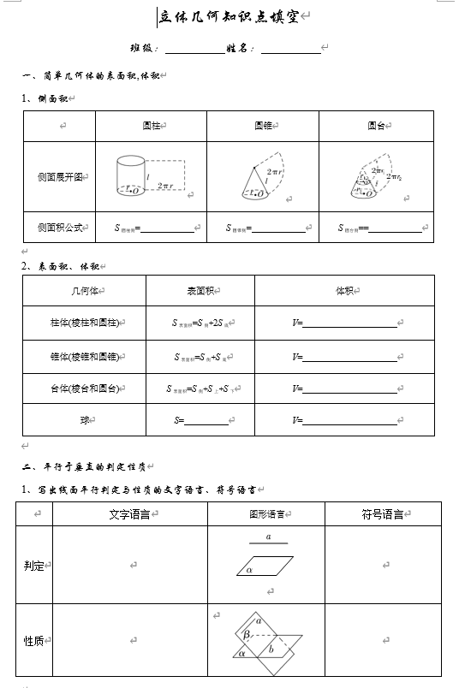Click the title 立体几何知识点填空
coord(230,16)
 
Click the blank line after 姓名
coord(290,50)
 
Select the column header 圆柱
coord(151,126)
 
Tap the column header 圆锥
coord(262,126)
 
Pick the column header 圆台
coord(375,126)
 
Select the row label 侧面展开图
coord(59,177)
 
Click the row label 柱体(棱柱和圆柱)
coord(83,323)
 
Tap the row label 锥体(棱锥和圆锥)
coord(83,356)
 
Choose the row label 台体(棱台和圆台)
coord(83,389)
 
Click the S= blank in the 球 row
coord(206,421)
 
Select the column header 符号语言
coord(382,514)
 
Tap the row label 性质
coord(33,641)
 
